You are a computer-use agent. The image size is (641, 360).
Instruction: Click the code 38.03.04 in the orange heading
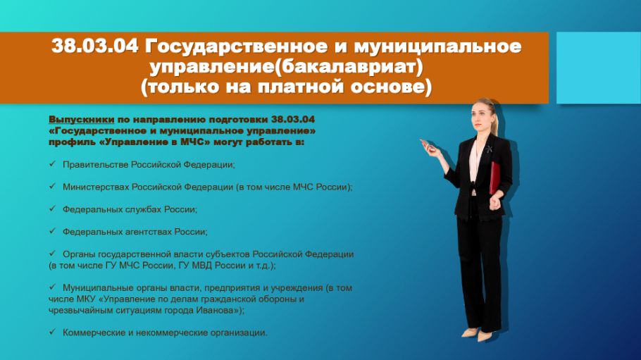coord(95,46)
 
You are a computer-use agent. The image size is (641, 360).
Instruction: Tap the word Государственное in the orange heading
coord(236,46)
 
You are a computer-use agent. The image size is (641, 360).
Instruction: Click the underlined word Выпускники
coord(81,120)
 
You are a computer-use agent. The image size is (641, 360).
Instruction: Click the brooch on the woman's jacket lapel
coord(489,149)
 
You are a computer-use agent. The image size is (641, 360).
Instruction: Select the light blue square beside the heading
coord(599,68)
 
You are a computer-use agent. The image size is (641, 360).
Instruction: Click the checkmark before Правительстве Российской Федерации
coord(52,163)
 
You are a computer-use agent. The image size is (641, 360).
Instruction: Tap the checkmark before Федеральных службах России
coord(52,209)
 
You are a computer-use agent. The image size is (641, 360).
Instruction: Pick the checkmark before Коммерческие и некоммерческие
coord(52,331)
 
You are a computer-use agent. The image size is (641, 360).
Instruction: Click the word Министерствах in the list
coord(96,187)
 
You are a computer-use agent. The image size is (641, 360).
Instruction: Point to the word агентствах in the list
coord(149,232)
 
